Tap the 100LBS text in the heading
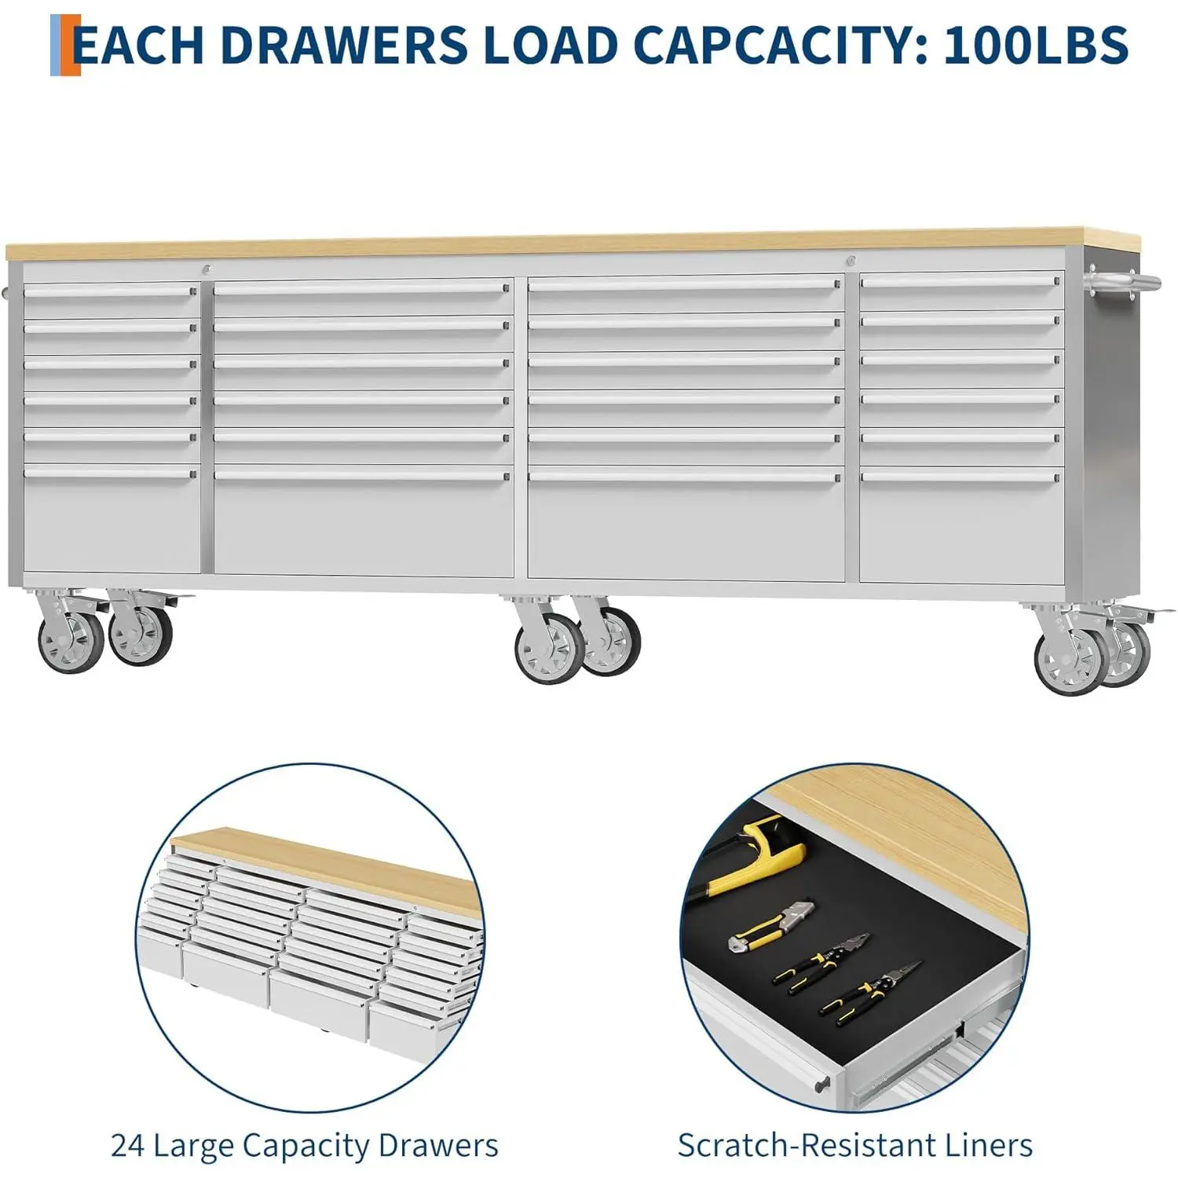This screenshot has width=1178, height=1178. (1036, 45)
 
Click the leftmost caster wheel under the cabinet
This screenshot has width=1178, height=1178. (71, 641)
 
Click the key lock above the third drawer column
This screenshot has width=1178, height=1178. (850, 261)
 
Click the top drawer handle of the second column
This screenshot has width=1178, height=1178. (361, 288)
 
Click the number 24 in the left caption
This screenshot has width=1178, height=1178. (128, 1145)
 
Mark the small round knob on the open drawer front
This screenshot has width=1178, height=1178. (821, 1083)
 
